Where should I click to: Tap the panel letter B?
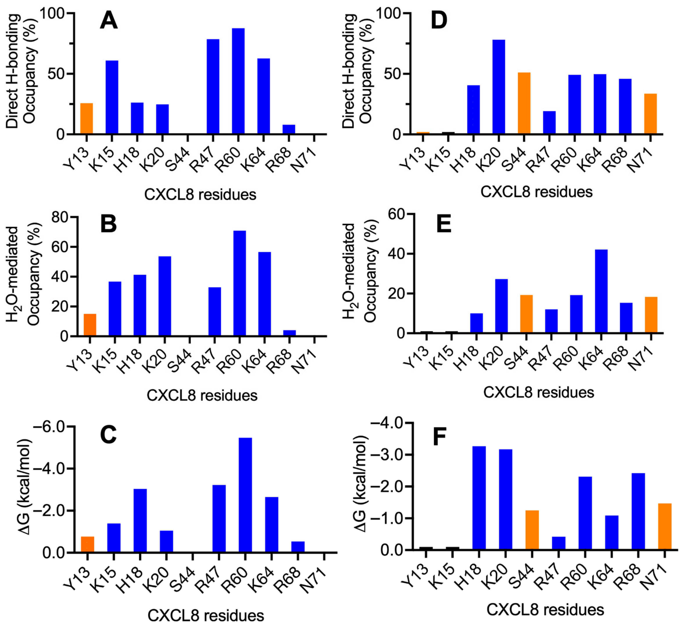pyautogui.click(x=109, y=224)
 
